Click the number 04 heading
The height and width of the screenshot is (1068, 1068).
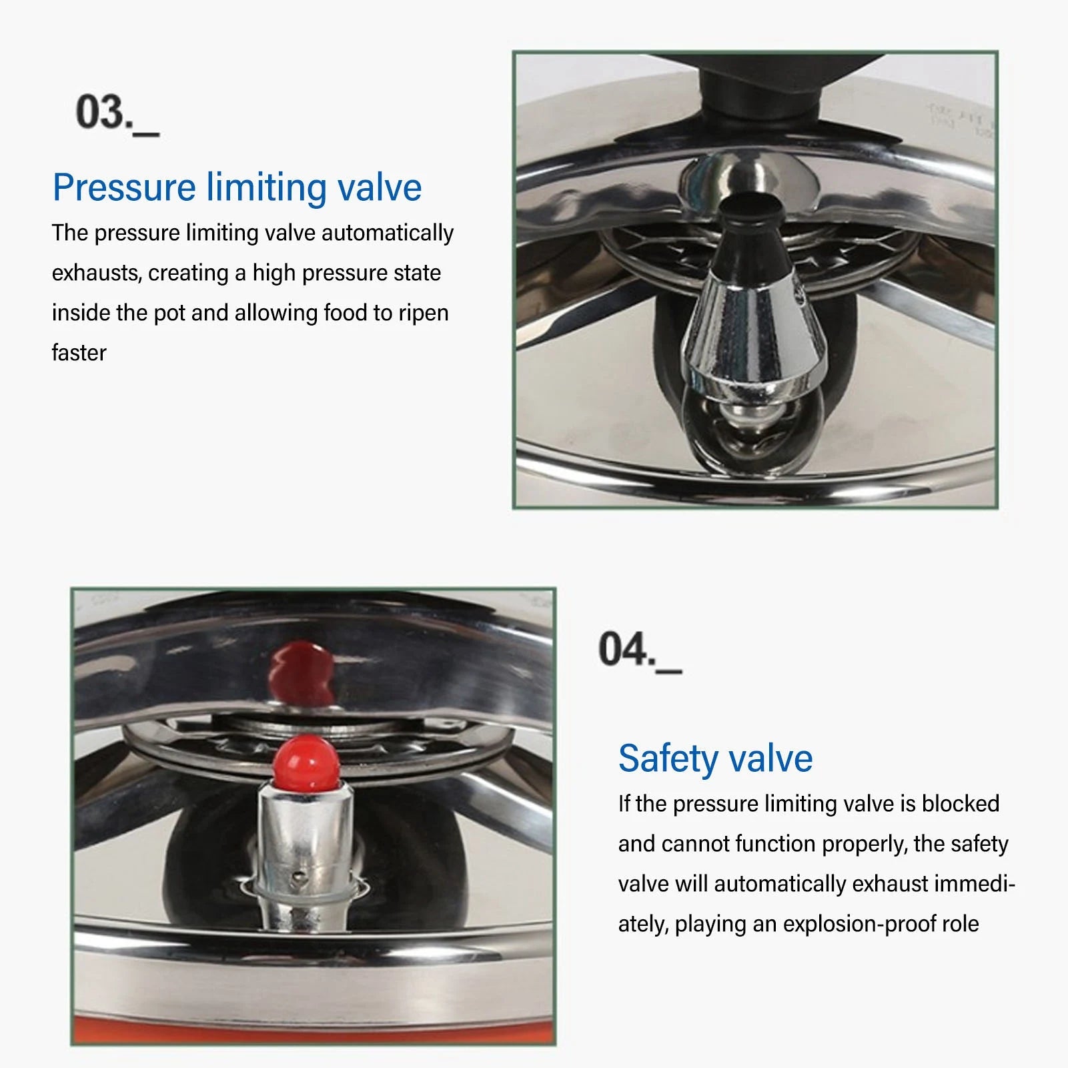(624, 649)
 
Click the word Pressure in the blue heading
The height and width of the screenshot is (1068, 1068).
(124, 187)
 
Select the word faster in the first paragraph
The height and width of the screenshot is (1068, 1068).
(79, 353)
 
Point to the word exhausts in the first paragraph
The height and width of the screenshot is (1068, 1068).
(96, 274)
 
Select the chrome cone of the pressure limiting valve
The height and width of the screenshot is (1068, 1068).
(754, 334)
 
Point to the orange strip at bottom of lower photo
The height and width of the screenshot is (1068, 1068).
(314, 1031)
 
